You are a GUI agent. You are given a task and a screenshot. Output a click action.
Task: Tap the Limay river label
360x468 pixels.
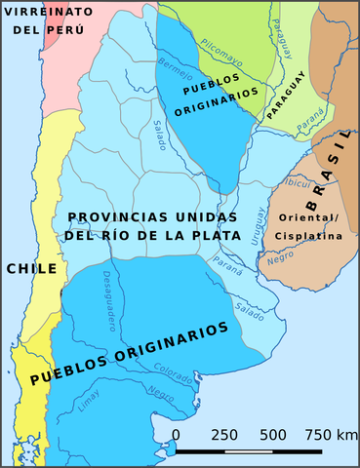pyautogui.click(x=88, y=399)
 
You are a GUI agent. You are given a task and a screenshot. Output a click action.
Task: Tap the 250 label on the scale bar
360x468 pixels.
pyautogui.click(x=225, y=435)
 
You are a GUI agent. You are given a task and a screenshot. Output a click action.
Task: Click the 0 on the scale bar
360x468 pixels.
pyautogui.click(x=176, y=435)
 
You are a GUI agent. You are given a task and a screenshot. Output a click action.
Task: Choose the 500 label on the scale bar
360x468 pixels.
pyautogui.click(x=272, y=435)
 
